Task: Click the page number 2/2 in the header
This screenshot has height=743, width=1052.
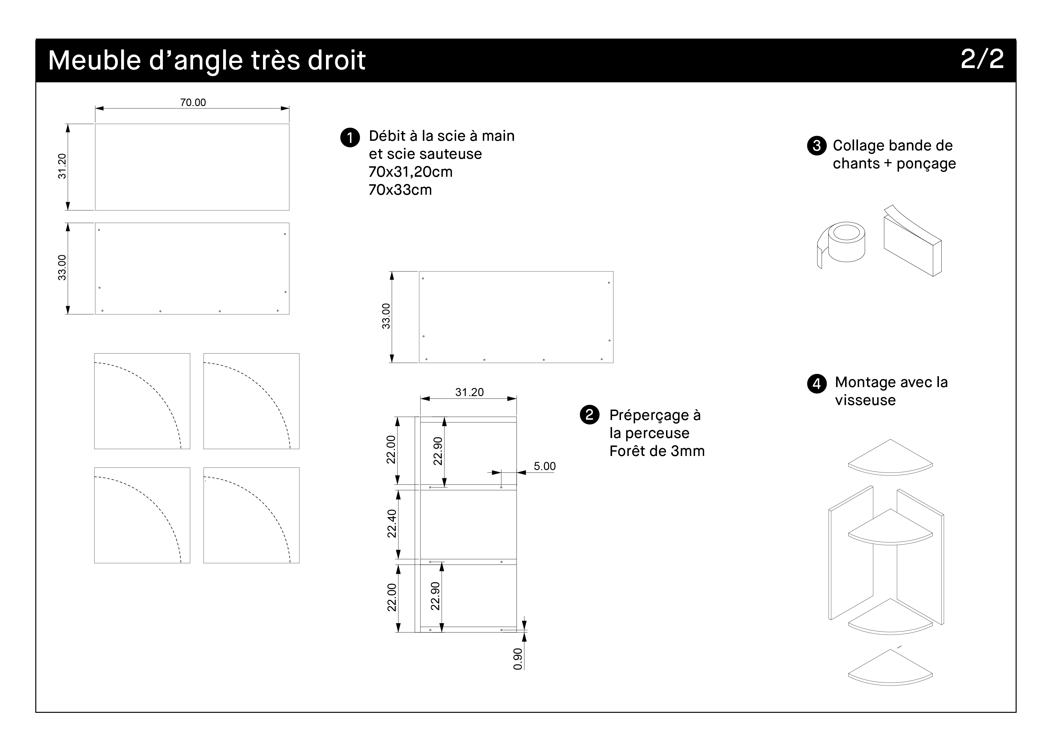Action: tap(982, 60)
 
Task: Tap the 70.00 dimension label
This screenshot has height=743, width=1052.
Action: tap(193, 102)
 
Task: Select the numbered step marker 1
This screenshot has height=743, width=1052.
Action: tap(350, 138)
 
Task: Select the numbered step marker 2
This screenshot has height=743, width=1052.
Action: tap(589, 415)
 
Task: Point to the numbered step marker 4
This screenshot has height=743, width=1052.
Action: tap(817, 383)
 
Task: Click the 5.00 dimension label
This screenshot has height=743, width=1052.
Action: tap(544, 466)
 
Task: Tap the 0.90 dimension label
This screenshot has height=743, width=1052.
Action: tap(518, 659)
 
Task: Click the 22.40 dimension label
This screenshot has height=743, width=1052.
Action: tap(391, 524)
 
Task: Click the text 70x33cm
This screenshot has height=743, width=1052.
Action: tap(400, 190)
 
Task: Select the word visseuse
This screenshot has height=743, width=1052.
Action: tap(865, 401)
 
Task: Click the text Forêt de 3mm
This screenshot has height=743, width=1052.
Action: tap(656, 451)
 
